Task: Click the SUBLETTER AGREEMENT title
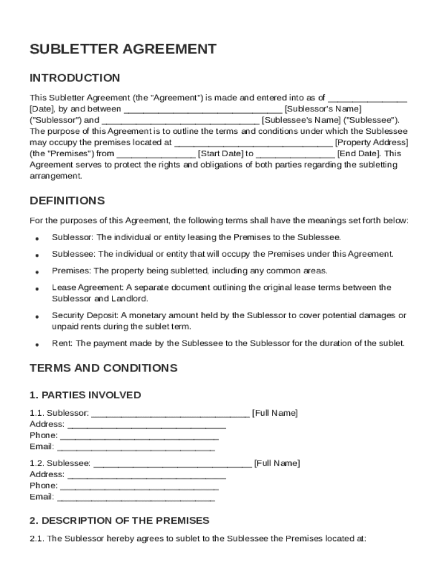coord(123,49)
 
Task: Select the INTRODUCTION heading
coord(75,78)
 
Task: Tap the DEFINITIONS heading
coord(67,201)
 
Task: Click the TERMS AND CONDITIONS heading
coord(103,368)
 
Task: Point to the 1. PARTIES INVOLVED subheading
coord(85,395)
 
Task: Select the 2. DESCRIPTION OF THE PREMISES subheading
coord(119,521)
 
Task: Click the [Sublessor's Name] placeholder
coord(323,109)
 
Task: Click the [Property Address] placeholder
coord(371,142)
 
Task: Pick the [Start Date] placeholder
coord(220,154)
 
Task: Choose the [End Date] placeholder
coord(358,154)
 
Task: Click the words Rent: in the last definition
coord(63,343)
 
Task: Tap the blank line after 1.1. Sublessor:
coord(170,414)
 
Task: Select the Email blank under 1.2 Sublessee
coord(136,497)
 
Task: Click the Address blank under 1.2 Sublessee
coord(146,475)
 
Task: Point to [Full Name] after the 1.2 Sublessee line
coord(277,463)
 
